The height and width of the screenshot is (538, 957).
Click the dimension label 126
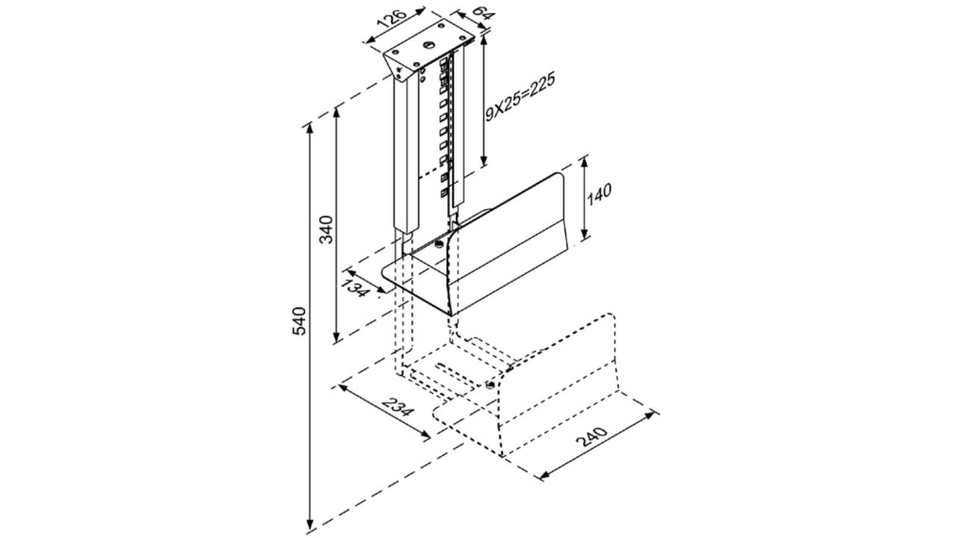[393, 19]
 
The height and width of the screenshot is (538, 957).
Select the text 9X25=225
[520, 97]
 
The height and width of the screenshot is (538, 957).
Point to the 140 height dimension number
[600, 194]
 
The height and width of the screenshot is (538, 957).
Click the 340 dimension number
[327, 229]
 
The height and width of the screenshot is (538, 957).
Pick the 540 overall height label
[300, 321]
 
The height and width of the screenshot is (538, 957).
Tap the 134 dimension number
[354, 288]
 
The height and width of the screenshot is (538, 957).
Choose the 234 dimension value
[397, 406]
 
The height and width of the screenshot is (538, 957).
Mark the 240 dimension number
[591, 436]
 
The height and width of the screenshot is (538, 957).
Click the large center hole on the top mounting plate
[429, 44]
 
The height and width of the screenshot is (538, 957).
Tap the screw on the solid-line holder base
[439, 244]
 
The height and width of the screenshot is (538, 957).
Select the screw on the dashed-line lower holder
[491, 385]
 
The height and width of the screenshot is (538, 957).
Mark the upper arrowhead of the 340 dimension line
[337, 112]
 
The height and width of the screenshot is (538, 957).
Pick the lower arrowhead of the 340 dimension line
[337, 336]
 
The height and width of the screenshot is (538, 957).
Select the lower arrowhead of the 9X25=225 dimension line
[484, 161]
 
